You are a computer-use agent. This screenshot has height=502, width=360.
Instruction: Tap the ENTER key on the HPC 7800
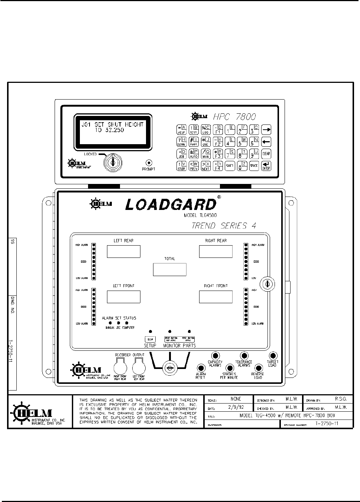[266, 166]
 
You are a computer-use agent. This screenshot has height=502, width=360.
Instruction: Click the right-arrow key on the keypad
[266, 130]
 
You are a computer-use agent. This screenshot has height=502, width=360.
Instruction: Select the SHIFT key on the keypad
[230, 166]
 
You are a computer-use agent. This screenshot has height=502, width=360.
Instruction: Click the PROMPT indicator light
[149, 163]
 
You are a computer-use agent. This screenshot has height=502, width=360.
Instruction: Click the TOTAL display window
[169, 269]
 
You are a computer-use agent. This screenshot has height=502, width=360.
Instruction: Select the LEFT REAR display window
[123, 251]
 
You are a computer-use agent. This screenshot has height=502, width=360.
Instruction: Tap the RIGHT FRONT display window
[215, 297]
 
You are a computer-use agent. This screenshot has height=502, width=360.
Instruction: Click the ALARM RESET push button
[201, 368]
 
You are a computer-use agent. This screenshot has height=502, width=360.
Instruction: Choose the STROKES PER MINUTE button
[229, 368]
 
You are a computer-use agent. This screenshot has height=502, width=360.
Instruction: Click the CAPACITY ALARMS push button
[215, 356]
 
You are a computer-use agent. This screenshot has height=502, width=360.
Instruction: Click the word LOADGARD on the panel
[171, 204]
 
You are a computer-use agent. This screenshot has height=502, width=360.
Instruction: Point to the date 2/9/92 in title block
[236, 408]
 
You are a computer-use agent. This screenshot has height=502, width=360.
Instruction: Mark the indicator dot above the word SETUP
[150, 331]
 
